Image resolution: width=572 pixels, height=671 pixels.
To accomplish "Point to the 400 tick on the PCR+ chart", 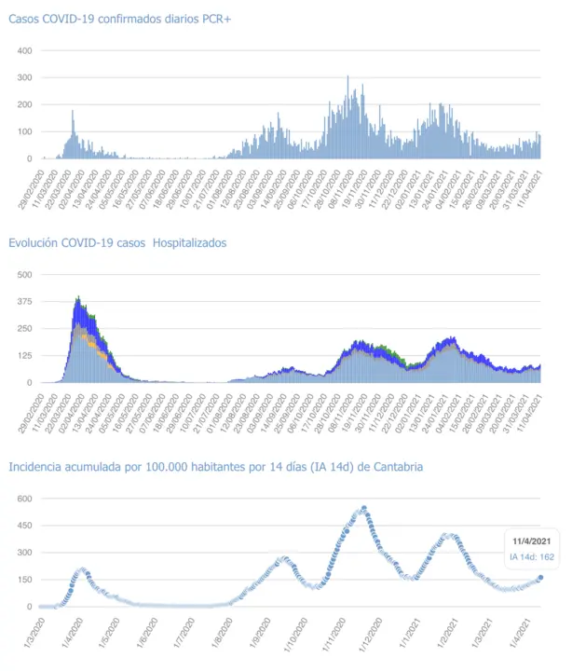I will [24, 50].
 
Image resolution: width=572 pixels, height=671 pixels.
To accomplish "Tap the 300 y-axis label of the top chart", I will [24, 77].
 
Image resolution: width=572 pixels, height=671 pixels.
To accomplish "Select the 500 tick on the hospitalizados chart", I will [24, 274].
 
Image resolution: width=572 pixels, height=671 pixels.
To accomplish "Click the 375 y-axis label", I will [24, 301].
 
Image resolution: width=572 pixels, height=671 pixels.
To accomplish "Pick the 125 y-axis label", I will [24, 355].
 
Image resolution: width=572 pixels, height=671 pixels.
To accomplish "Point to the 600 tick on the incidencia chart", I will [24, 499].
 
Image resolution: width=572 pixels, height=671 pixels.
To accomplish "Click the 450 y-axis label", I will [24, 526].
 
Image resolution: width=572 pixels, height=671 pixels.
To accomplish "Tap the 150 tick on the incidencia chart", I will [24, 580].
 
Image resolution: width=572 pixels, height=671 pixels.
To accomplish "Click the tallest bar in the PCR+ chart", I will [348, 77].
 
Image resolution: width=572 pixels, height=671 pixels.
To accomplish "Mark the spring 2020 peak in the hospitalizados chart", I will [78, 298].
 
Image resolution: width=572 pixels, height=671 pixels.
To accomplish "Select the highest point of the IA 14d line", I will [363, 508].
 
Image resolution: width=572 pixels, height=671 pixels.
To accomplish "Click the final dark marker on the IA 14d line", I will [540, 578].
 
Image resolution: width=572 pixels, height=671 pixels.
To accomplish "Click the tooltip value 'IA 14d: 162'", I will [532, 557].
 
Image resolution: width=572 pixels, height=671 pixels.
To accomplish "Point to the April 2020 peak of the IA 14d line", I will [82, 570].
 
